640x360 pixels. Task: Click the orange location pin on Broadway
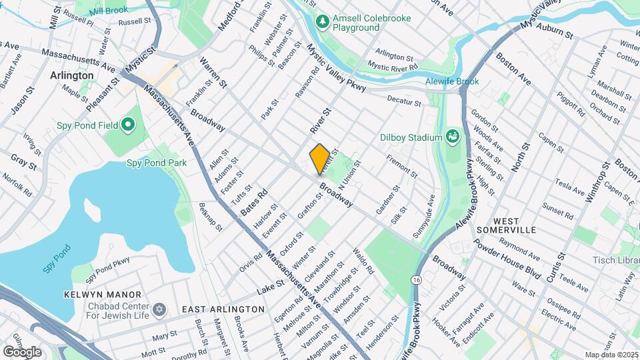tap(319, 159)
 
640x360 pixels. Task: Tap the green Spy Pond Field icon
tap(127, 125)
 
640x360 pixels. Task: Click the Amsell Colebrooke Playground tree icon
tap(323, 23)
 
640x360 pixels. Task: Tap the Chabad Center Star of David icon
tap(159, 310)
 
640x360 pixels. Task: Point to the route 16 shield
tap(417, 279)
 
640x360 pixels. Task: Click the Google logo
tap(23, 351)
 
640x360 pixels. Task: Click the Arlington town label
tap(72, 75)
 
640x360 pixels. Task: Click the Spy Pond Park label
tap(157, 163)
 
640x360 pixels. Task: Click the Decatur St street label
tap(405, 101)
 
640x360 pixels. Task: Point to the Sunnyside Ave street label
tap(424, 210)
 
